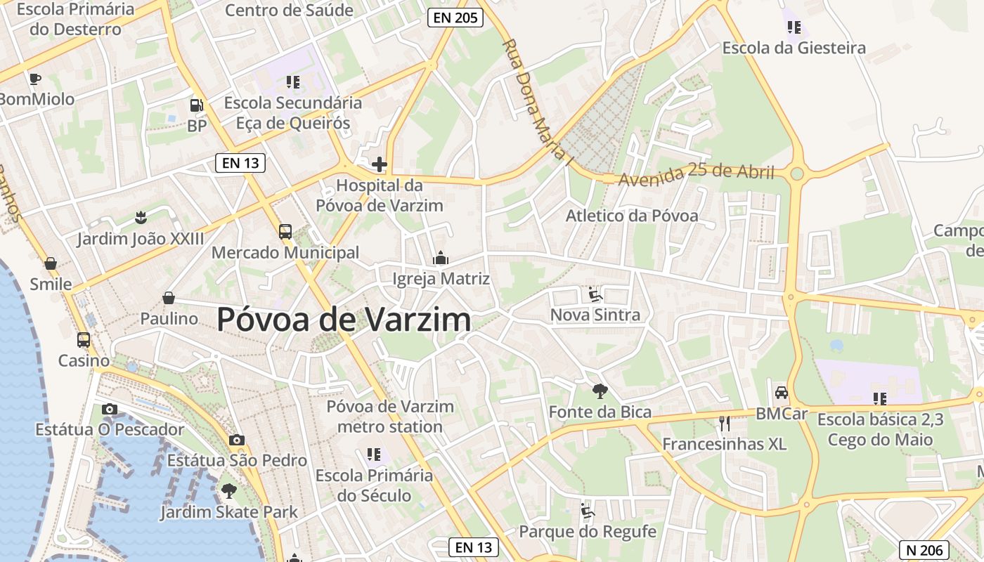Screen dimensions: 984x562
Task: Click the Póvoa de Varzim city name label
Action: click(344, 320)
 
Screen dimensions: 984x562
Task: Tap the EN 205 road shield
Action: click(455, 18)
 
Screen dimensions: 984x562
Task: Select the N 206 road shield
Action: click(924, 549)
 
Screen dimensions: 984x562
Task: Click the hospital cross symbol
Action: click(380, 165)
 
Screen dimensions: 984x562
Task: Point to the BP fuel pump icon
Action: click(197, 106)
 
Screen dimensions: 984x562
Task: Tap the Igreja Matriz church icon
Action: click(441, 259)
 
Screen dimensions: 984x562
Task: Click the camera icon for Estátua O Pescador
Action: click(109, 409)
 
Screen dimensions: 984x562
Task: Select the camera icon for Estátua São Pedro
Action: click(237, 440)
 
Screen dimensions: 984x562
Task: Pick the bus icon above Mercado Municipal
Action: click(285, 231)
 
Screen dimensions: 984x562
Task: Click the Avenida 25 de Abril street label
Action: click(696, 174)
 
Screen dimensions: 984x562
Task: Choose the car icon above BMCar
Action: click(781, 393)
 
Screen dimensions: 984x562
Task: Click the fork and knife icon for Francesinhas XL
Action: click(725, 424)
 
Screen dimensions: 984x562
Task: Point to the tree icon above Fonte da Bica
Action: click(600, 391)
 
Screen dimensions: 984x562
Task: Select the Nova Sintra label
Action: click(595, 315)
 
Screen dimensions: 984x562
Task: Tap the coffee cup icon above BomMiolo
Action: click(35, 79)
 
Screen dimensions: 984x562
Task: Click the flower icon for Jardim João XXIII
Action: click(141, 217)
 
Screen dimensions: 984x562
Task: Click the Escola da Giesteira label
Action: click(794, 48)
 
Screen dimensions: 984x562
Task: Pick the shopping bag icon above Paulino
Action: click(169, 298)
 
